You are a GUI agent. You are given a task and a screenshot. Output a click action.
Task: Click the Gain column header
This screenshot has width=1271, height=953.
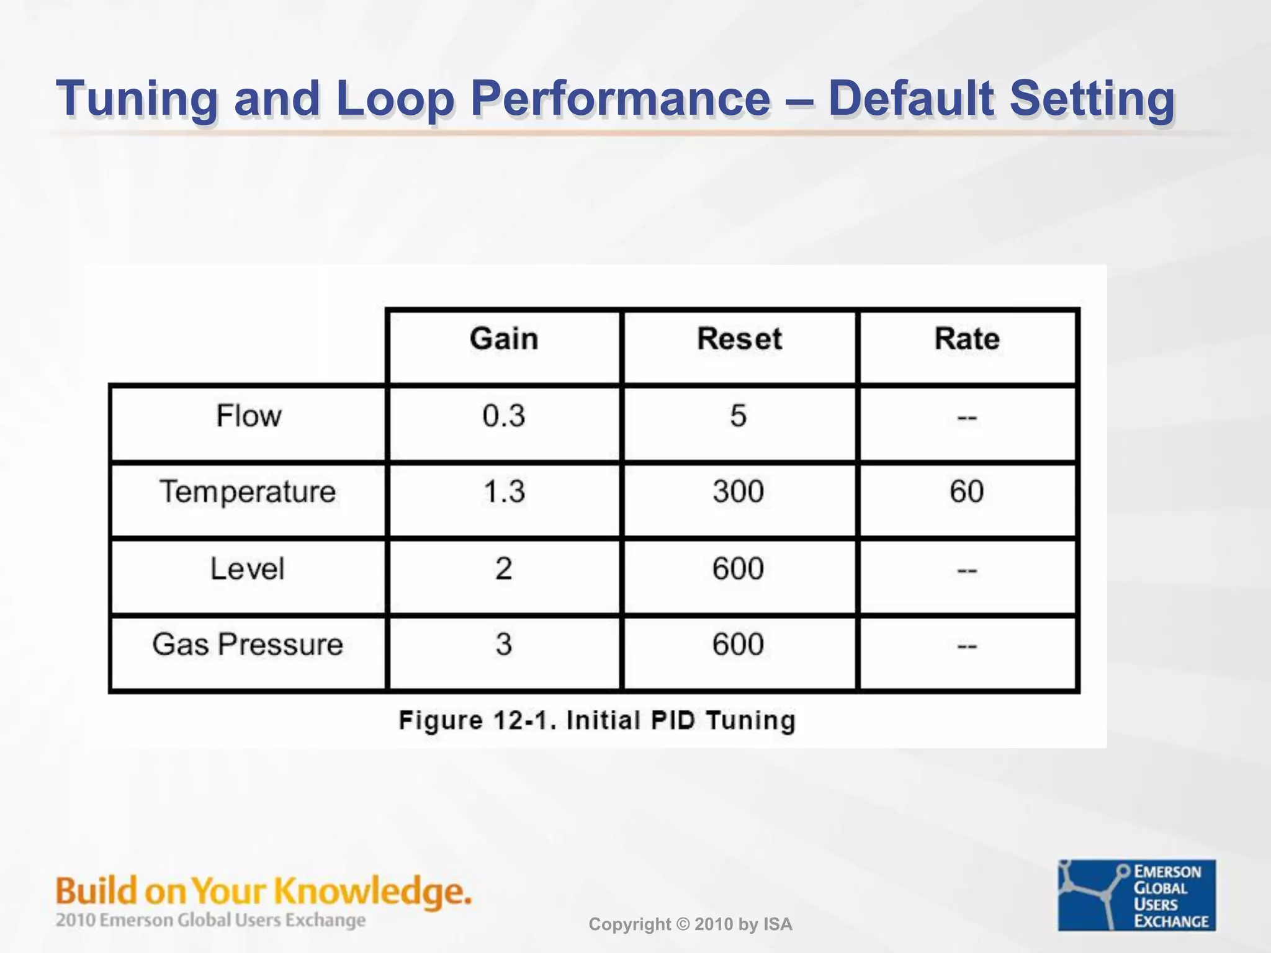(503, 339)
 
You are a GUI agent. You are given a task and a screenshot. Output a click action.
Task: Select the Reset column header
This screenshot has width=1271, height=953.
(739, 339)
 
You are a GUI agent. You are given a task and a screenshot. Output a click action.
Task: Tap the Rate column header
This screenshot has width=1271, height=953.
(966, 339)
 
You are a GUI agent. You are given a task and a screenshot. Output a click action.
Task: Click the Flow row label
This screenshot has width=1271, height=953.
(248, 416)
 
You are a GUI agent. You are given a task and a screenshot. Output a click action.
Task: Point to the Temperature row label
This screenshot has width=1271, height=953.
(248, 492)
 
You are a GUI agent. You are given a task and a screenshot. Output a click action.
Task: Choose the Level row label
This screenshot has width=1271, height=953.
(247, 568)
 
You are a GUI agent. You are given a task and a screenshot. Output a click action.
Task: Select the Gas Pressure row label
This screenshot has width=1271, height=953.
(247, 645)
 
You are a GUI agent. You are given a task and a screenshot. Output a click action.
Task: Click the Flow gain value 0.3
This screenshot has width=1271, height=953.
(503, 416)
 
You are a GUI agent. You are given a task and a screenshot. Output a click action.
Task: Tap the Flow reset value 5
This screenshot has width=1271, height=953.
(738, 416)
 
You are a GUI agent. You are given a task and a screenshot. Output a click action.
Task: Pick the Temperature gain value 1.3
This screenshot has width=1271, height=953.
(503, 492)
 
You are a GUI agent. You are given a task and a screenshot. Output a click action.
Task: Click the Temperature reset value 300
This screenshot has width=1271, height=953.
(738, 492)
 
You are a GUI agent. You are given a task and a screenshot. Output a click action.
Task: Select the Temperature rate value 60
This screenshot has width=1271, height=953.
(966, 492)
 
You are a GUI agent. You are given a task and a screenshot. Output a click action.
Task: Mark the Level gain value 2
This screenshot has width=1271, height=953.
(503, 568)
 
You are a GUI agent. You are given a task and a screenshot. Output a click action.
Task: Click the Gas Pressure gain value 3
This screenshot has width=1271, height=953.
(503, 645)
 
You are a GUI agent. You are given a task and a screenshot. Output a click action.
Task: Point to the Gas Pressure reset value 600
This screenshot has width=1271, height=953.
(738, 645)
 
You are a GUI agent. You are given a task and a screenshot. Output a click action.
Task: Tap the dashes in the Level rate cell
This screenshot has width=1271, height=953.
(967, 570)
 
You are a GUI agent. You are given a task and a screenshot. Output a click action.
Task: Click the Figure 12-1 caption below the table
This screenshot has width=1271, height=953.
(596, 721)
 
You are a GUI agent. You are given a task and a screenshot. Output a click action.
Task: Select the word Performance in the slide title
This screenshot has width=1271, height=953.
(620, 99)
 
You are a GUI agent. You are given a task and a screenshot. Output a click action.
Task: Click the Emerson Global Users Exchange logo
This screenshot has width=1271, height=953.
(1136, 895)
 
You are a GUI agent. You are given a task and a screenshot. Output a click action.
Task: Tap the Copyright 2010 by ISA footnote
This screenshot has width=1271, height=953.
(690, 924)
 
